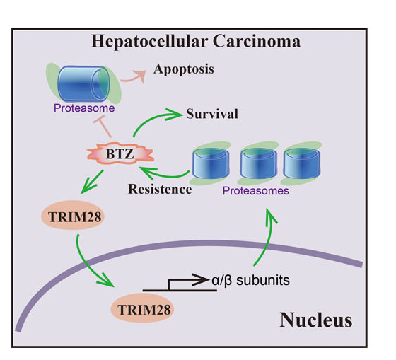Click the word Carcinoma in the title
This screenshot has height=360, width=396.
[x=257, y=41]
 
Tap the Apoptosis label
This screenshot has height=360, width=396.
[x=184, y=69]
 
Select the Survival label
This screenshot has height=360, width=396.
[x=212, y=114]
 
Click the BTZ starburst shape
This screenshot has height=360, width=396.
[x=120, y=153]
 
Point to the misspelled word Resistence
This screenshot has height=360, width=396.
[x=160, y=190]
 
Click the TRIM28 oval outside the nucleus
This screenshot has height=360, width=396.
[x=73, y=216]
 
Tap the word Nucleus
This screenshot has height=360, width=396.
[x=315, y=320]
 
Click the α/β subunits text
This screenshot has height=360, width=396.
[x=250, y=280]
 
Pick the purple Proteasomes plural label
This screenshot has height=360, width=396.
[x=255, y=191]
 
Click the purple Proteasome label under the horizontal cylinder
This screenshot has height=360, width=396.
[x=84, y=108]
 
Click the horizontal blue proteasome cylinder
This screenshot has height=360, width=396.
[x=84, y=83]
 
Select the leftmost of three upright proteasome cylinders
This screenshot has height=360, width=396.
[x=211, y=163]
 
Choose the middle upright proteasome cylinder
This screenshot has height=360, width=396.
[x=258, y=163]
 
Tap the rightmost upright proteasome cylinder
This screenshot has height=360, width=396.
[x=302, y=163]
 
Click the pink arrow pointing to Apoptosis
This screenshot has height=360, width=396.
[x=134, y=77]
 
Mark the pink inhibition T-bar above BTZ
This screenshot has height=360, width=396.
[x=103, y=127]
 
